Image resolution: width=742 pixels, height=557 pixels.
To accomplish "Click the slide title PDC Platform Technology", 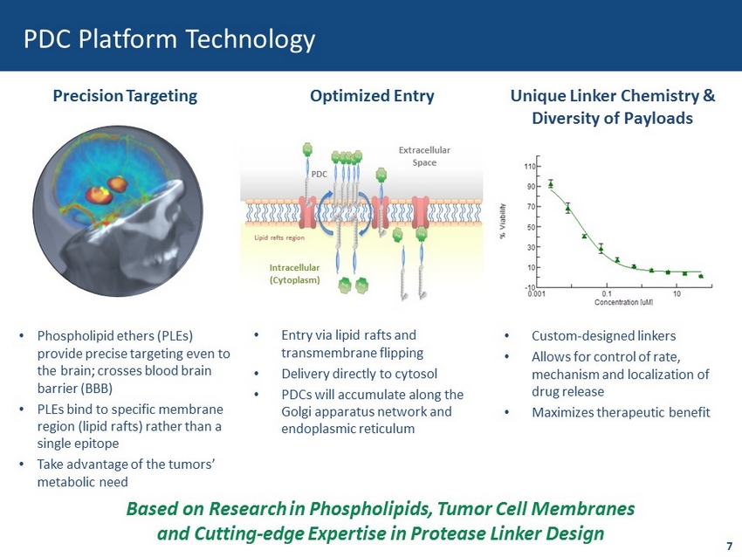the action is (169, 39).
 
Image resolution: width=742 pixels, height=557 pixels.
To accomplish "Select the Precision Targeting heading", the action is (125, 96).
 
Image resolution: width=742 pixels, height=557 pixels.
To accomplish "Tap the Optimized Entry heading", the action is (372, 96).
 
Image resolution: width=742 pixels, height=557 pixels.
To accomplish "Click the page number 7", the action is (729, 546).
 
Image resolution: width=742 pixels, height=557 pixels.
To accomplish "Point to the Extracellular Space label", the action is (424, 156).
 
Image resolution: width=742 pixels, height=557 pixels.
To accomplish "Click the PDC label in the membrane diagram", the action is (319, 174).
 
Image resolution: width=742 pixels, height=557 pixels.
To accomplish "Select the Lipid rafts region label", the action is (279, 237).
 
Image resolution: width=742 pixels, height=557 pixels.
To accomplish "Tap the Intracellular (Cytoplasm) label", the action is (294, 273).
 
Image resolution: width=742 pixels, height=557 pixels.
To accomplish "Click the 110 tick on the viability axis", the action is (530, 167).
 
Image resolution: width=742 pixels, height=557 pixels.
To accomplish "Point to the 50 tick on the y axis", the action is (532, 227).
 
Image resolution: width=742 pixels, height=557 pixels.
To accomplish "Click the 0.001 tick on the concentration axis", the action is (537, 294).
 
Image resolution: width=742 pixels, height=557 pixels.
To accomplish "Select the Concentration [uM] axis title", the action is (623, 302).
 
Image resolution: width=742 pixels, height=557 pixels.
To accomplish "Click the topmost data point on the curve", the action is (551, 184).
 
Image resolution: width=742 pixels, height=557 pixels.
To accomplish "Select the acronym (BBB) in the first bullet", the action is (97, 389).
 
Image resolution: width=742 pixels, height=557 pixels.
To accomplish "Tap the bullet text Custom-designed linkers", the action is (603, 336).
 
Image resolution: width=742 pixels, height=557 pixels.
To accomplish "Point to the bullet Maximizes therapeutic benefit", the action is (621, 413).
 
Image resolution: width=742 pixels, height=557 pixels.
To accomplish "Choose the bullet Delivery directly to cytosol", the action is (359, 374).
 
